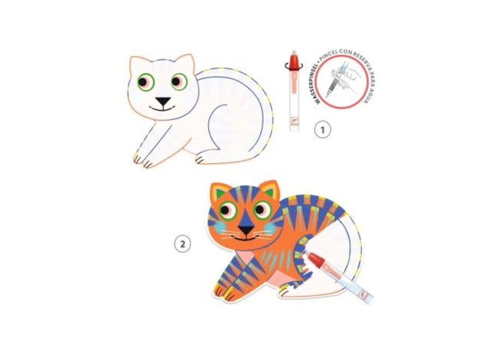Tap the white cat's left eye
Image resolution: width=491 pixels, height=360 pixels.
pyautogui.click(x=146, y=82)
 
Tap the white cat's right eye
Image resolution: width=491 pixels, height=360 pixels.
pyautogui.click(x=179, y=82)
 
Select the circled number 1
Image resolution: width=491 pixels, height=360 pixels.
pyautogui.click(x=322, y=129)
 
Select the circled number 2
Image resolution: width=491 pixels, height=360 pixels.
pyautogui.click(x=183, y=244)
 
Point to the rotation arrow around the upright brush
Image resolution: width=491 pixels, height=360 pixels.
pyautogui.click(x=294, y=66)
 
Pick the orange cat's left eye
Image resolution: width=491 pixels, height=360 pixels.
pyautogui.click(x=227, y=211)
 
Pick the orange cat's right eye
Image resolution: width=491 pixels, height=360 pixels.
pyautogui.click(x=262, y=210)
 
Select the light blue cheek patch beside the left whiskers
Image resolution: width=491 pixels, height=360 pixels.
pyautogui.click(x=222, y=225)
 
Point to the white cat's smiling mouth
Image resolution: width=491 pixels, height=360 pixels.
pyautogui.click(x=162, y=109)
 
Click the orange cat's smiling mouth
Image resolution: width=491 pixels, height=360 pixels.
pyautogui.click(x=245, y=238)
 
